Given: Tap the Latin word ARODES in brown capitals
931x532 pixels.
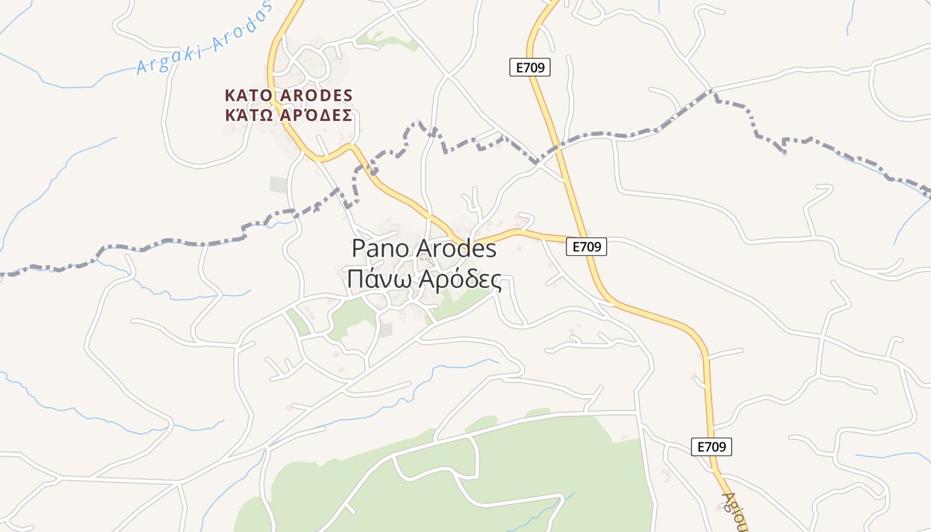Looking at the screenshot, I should (x=316, y=95).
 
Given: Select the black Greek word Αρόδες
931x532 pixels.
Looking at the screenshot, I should (x=460, y=281).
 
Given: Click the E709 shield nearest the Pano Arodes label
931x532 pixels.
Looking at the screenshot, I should (x=587, y=247).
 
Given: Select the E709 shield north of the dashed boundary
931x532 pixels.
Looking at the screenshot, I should (x=530, y=67).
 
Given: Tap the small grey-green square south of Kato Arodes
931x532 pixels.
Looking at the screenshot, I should (x=279, y=184).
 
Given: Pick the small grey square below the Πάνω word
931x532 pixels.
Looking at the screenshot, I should (x=386, y=329).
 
